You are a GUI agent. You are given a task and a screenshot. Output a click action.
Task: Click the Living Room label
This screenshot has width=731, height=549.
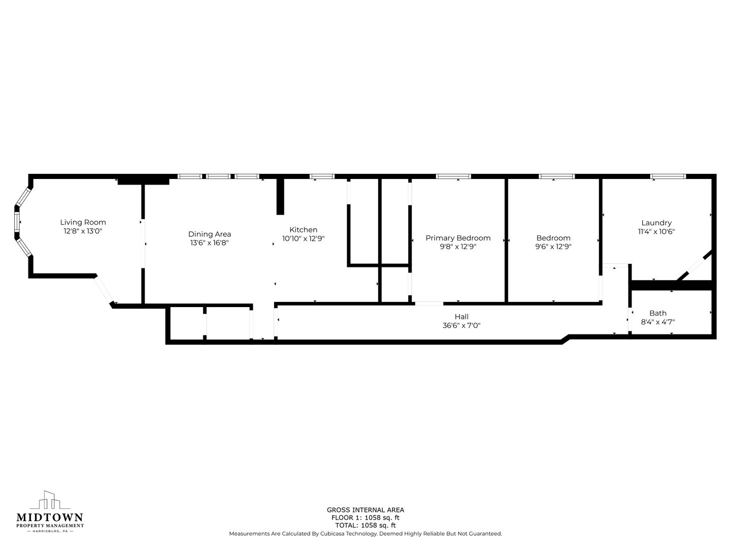[83, 222]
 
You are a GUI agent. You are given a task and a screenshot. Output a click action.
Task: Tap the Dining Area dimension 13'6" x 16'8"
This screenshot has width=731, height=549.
[210, 242]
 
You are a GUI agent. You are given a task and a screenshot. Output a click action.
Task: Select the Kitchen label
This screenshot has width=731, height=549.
[303, 230]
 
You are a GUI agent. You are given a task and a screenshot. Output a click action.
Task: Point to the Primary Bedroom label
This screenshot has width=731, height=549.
[458, 238]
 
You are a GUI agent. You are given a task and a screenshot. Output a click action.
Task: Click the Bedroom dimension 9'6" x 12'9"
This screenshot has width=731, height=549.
[553, 247]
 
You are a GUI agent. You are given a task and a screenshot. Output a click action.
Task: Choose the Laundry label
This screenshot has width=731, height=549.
[656, 223]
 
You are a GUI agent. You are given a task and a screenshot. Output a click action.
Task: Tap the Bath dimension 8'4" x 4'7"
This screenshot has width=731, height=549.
[658, 322]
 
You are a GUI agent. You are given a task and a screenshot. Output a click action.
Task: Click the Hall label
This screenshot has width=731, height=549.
[461, 317]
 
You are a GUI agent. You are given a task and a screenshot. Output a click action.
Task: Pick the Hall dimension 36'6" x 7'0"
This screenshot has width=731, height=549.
[461, 325]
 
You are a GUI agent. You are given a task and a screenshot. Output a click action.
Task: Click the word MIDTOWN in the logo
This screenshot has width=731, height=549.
[50, 517]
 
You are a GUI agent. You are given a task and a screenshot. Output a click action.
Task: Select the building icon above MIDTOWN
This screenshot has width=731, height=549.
[50, 500]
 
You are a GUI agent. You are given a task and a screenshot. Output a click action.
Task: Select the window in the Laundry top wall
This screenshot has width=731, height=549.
[668, 176]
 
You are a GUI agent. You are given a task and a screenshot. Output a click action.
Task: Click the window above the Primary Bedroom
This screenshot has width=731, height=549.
[454, 176]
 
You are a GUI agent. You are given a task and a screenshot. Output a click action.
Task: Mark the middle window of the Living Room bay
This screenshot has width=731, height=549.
[17, 222]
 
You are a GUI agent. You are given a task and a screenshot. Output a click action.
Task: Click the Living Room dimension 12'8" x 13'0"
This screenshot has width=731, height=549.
[83, 231]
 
